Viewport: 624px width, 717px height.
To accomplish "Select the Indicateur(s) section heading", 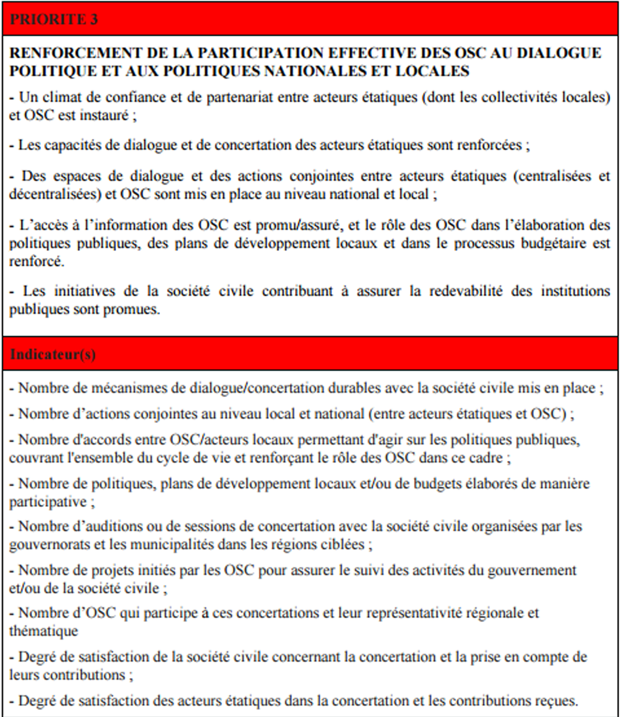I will coord(53,354).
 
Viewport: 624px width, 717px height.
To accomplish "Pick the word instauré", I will coord(104,116).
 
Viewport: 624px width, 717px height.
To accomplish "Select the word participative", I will coord(48,502).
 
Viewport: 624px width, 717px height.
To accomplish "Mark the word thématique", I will coord(44,631).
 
